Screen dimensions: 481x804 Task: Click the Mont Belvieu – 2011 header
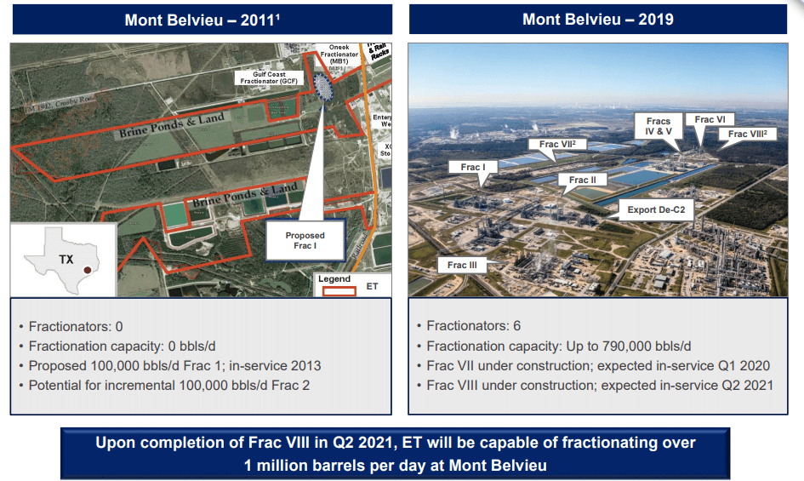(201, 20)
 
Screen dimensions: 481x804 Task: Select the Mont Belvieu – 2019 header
(597, 20)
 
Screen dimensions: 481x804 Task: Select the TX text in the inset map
(66, 259)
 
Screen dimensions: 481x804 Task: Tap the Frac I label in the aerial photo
(472, 168)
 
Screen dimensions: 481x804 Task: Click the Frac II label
(582, 180)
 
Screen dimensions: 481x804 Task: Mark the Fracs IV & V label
(659, 127)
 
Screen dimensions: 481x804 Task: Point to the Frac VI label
(710, 120)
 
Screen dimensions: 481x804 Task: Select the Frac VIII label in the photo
(748, 134)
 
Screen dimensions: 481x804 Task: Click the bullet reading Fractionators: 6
(473, 326)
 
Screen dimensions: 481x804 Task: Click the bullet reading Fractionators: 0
(76, 326)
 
